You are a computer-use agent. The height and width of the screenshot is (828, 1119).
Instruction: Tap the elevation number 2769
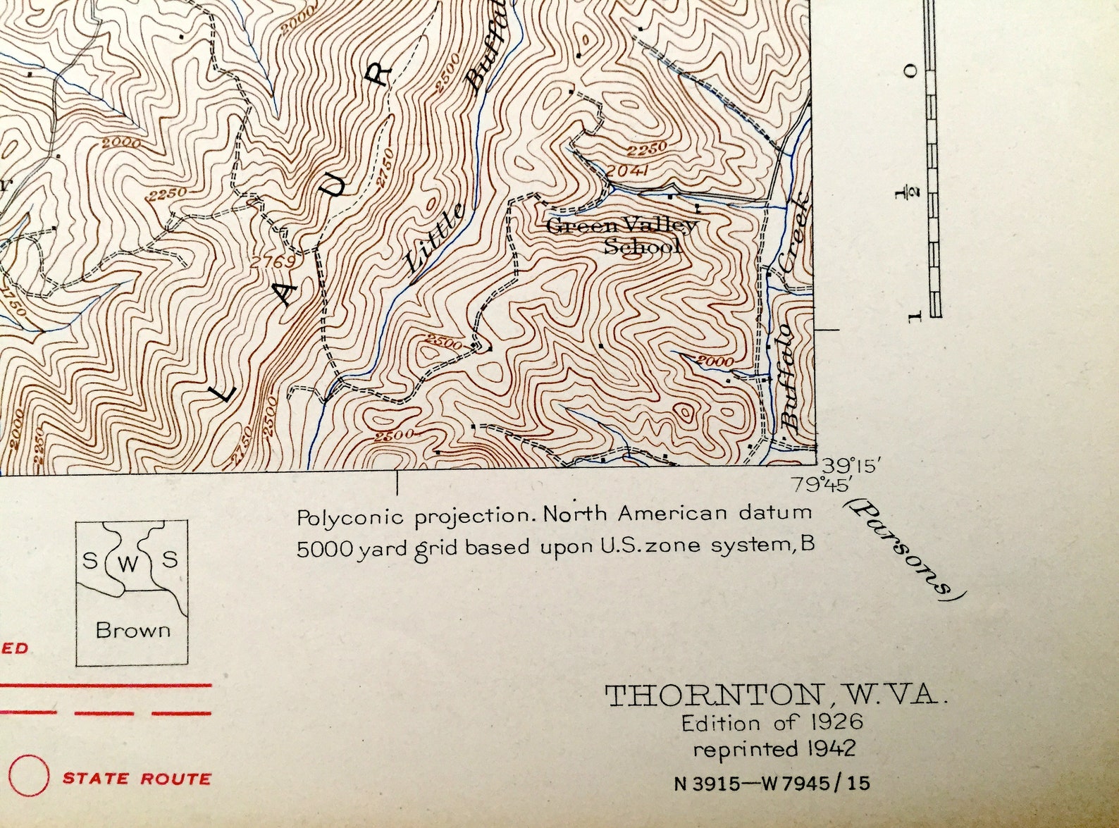coord(273,261)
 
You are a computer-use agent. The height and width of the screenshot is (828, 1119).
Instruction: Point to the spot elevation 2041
coord(627,170)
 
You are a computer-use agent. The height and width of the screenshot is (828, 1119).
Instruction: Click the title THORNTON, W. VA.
coord(772,696)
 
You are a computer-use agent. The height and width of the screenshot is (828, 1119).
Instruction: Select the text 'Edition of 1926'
coord(772,722)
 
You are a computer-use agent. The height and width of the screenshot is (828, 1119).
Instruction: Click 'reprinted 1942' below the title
coord(774,748)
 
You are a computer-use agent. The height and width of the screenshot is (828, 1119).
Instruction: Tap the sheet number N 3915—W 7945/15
coord(772,783)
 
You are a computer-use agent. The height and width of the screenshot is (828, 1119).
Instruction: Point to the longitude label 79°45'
coord(822,485)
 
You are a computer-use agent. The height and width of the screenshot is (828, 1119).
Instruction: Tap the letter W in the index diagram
coord(128,564)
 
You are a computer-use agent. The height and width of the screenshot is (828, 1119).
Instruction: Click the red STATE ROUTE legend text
coord(137,779)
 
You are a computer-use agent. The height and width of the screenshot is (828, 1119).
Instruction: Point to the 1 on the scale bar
coord(915,315)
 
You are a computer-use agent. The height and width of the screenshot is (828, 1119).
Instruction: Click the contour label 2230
coord(646,149)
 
